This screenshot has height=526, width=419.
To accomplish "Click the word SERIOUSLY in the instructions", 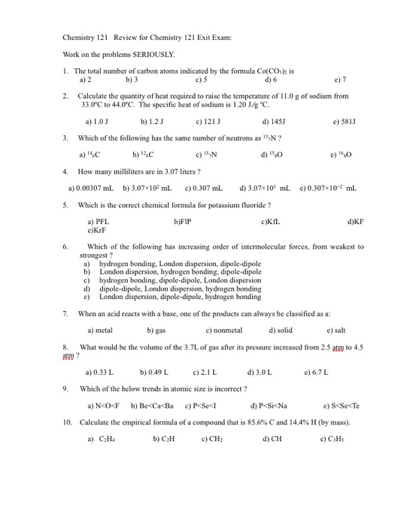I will [154, 54].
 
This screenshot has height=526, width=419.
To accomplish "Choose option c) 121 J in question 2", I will [207, 120].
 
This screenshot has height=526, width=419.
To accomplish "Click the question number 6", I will [66, 246].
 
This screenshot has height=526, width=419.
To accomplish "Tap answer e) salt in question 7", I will [336, 330].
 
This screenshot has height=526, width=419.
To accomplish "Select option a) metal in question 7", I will [100, 330].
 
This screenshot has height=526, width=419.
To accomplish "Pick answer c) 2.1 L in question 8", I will [205, 372].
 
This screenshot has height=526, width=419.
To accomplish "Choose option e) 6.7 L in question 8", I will [316, 372].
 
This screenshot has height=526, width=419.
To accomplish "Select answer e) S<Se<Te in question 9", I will [341, 405].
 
